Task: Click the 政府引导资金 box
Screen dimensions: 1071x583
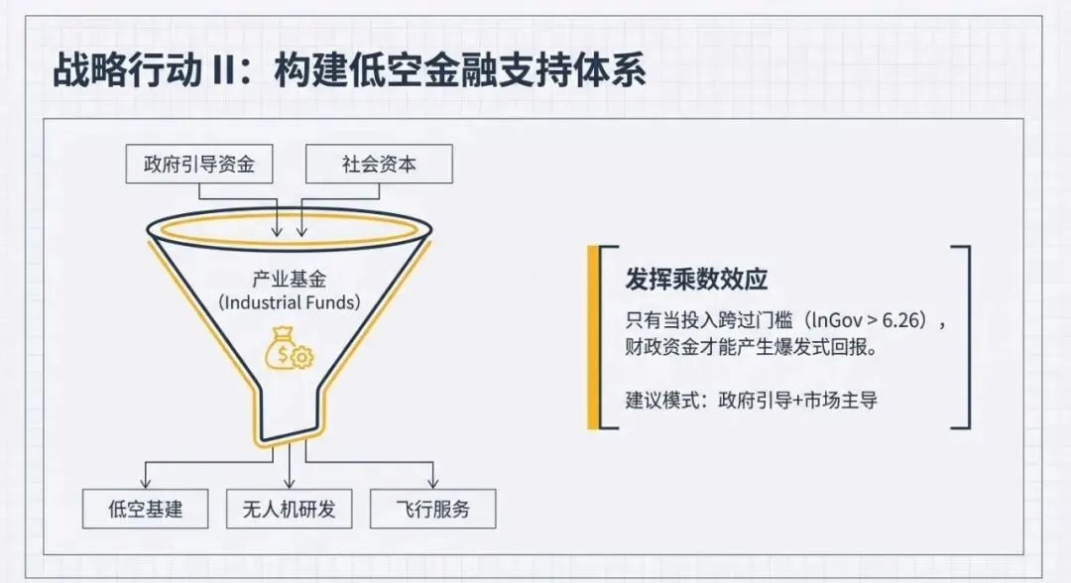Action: tap(198, 165)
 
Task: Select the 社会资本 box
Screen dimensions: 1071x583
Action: tap(378, 165)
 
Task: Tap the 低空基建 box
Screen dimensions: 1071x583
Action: tap(146, 510)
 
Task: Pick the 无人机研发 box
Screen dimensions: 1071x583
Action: tap(289, 510)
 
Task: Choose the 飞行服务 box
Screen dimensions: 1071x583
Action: tap(432, 510)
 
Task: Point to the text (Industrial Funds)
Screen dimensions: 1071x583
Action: tap(289, 302)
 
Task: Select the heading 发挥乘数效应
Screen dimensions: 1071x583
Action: tap(696, 280)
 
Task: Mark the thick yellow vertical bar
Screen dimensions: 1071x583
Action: tap(593, 337)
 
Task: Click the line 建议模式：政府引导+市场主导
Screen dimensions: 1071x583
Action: tap(751, 401)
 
